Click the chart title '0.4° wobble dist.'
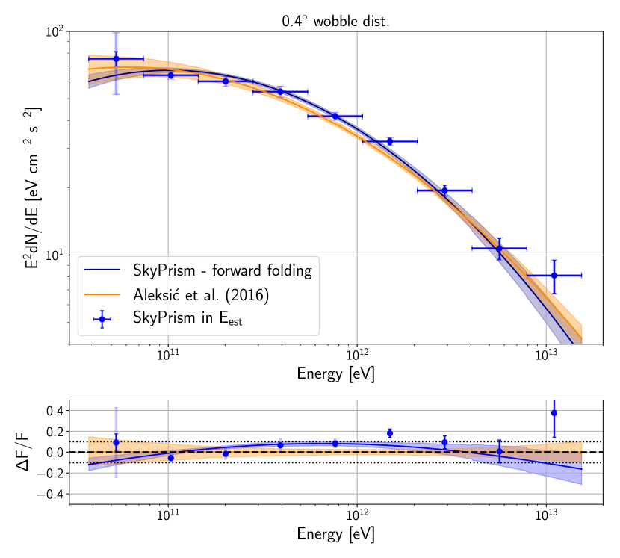click(335, 21)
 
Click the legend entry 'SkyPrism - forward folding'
click(222, 270)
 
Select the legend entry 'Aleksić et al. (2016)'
click(201, 295)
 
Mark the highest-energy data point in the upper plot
click(554, 276)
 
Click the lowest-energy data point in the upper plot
click(116, 58)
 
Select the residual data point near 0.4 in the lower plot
click(554, 412)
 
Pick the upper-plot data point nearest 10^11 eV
click(170, 75)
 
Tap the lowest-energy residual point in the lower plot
click(116, 442)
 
